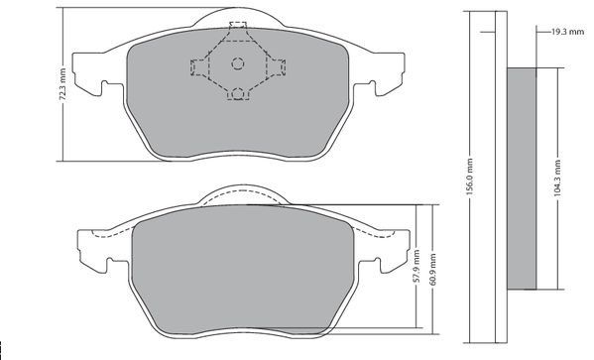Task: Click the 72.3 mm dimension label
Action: point(63,84)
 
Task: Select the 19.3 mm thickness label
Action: point(567,32)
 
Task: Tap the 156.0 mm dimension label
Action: point(470,177)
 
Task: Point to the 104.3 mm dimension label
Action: point(557,179)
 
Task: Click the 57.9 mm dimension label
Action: point(416,266)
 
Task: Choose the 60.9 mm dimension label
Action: point(433,270)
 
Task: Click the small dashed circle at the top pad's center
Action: point(238,63)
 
